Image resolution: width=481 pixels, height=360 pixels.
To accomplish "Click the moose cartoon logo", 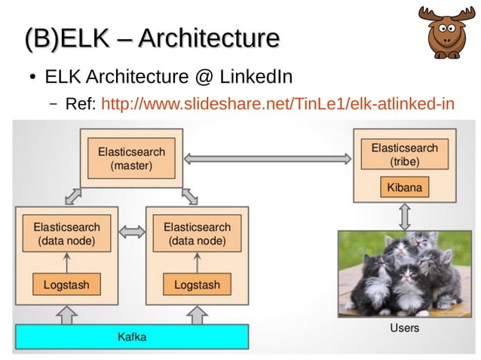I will pyautogui.click(x=447, y=32).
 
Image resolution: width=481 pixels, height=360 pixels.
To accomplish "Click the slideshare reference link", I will pyautogui.click(x=277, y=103).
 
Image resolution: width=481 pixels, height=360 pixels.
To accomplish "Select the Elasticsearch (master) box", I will pyautogui.click(x=131, y=158).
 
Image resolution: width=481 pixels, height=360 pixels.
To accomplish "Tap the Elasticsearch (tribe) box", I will pyautogui.click(x=405, y=155).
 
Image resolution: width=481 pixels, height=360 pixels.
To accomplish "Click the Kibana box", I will pyautogui.click(x=405, y=186).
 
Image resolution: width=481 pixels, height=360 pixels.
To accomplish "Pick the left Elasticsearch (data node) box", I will pyautogui.click(x=66, y=233).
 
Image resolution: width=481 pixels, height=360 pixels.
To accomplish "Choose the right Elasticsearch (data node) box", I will pyautogui.click(x=197, y=233).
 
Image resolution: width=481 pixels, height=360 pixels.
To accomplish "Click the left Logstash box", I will pyautogui.click(x=66, y=285).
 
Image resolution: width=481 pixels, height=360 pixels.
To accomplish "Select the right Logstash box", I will pyautogui.click(x=197, y=285).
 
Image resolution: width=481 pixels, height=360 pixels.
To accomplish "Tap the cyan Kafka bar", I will pyautogui.click(x=132, y=336).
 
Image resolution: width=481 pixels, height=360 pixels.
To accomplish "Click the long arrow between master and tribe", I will pyautogui.click(x=268, y=158).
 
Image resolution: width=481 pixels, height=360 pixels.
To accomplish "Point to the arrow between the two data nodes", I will pyautogui.click(x=132, y=233).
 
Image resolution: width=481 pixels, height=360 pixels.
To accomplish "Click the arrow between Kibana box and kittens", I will pyautogui.click(x=405, y=216).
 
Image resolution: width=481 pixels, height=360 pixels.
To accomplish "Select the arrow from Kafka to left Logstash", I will pyautogui.click(x=66, y=315).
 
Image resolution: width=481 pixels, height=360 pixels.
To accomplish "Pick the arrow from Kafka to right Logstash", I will pyautogui.click(x=197, y=315).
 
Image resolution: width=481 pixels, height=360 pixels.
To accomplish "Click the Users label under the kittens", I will pyautogui.click(x=405, y=328).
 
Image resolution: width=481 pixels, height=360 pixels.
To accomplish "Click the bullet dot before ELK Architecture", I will pyautogui.click(x=32, y=78).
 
